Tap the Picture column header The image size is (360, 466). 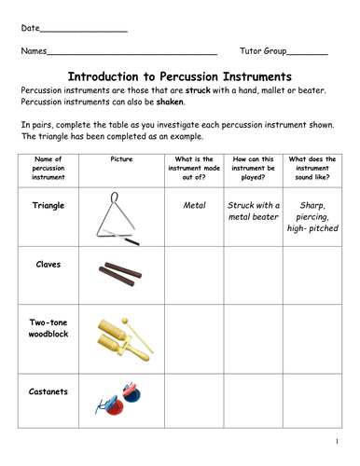click(x=121, y=160)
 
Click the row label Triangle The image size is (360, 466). click(x=48, y=202)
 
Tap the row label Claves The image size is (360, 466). click(x=48, y=264)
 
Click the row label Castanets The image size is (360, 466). click(x=48, y=391)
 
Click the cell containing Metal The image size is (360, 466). click(x=193, y=203)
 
